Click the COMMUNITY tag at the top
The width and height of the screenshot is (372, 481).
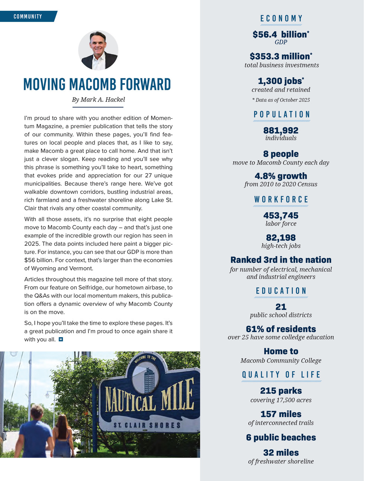click(x=28, y=16)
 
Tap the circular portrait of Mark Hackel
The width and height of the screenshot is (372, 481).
click(x=98, y=50)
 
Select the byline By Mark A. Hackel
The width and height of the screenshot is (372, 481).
click(x=98, y=100)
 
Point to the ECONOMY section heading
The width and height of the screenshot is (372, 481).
click(x=282, y=19)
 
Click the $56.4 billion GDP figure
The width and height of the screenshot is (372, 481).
click(x=281, y=35)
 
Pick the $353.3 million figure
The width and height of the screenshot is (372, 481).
click(x=281, y=57)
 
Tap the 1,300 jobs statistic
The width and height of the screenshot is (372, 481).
click(x=281, y=81)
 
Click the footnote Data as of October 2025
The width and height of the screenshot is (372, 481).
click(x=281, y=100)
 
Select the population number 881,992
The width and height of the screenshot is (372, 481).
click(x=281, y=130)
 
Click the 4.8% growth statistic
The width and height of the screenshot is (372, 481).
click(x=281, y=176)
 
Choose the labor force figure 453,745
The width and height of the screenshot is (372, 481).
click(x=281, y=216)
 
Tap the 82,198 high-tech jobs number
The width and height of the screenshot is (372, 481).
click(x=281, y=238)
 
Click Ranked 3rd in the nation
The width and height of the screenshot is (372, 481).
click(x=281, y=260)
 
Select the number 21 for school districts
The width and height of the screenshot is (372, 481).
click(x=281, y=307)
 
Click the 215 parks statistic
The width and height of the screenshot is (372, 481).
click(x=281, y=391)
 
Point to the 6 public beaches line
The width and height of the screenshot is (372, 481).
click(x=281, y=438)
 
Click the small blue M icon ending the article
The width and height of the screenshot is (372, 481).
click(x=61, y=339)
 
